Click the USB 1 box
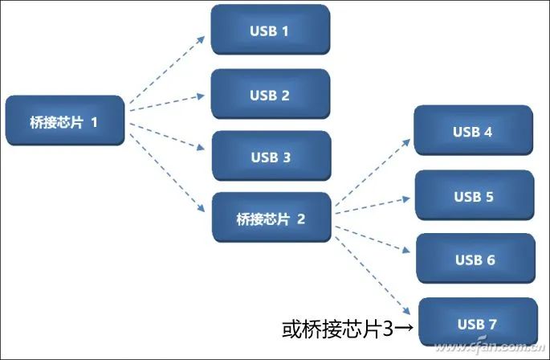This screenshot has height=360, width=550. tap(270, 31)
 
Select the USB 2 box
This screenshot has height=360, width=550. tap(270, 95)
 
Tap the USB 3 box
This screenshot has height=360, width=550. tap(270, 157)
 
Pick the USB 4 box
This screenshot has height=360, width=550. tap(473, 131)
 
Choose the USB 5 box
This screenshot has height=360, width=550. tap(473, 196)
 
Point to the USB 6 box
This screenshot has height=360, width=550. tap(475, 260)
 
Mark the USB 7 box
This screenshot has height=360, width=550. tap(476, 324)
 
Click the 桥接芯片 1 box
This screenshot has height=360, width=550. tap(65, 122)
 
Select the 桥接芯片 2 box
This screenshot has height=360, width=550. tap(271, 218)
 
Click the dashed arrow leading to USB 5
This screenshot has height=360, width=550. tap(373, 203)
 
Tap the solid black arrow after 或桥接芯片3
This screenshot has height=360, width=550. tap(404, 328)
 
